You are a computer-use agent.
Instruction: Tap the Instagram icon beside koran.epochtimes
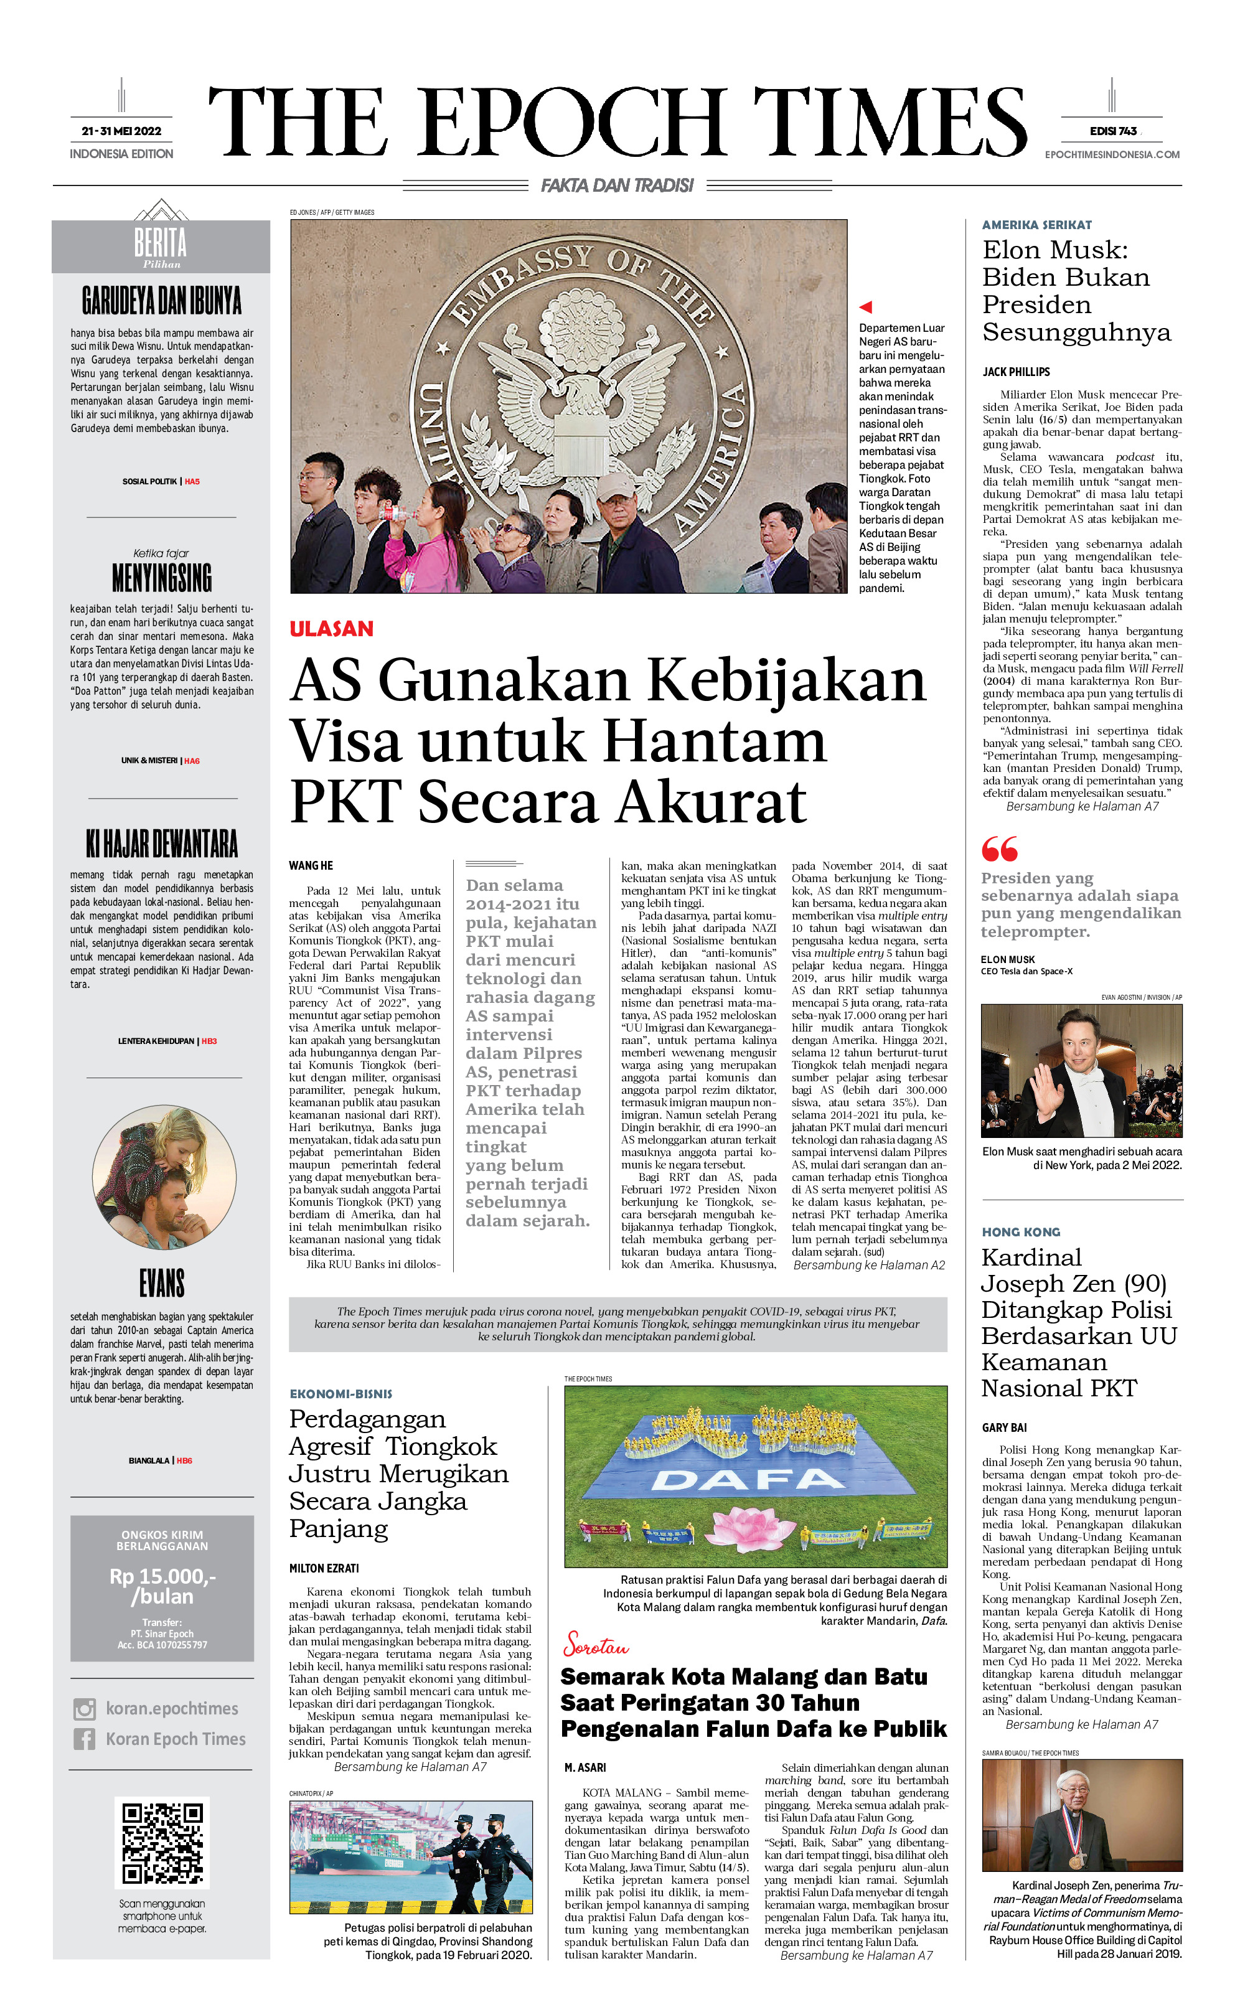point(85,1709)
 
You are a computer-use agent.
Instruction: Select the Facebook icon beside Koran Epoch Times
point(85,1739)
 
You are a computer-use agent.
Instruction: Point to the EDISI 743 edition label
point(1112,131)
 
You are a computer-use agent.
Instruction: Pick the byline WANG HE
point(311,865)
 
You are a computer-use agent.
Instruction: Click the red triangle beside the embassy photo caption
point(866,307)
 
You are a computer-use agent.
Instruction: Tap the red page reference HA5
point(192,482)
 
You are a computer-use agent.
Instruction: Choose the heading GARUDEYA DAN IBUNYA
point(162,301)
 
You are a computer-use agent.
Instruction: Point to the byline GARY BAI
point(1004,1428)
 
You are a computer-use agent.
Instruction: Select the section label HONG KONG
point(1021,1232)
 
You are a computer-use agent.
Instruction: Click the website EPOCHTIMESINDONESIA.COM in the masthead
point(1112,154)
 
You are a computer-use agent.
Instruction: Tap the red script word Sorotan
point(596,1645)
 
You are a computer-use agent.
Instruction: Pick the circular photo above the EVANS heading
point(164,1177)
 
